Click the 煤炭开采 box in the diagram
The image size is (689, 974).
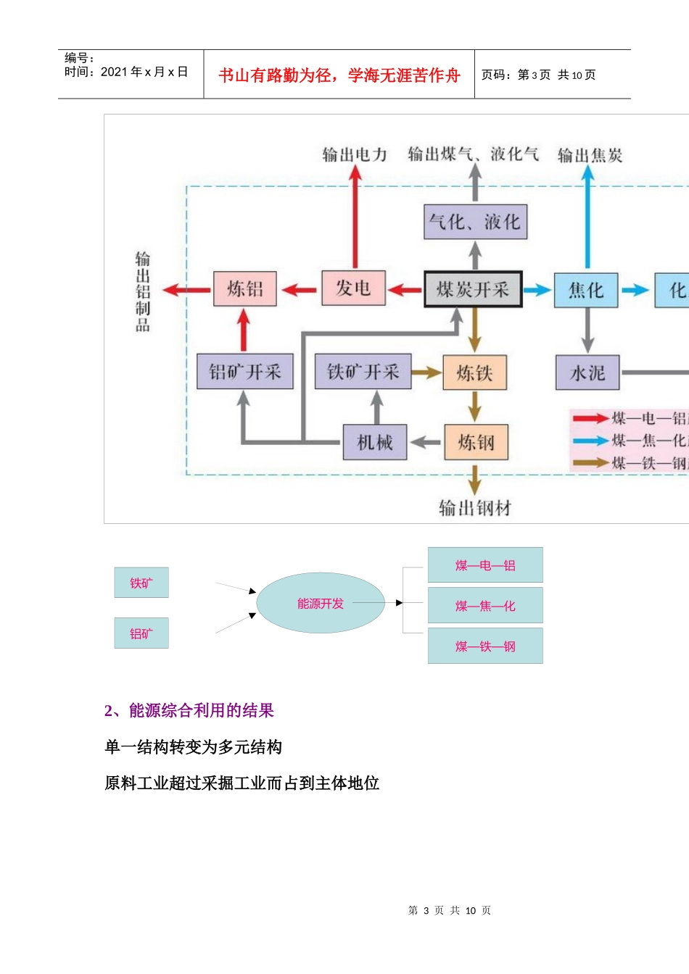point(473,290)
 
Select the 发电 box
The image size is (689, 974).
point(353,288)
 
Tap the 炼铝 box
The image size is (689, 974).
point(245,289)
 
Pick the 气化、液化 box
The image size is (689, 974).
point(475,222)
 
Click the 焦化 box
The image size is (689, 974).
point(586,291)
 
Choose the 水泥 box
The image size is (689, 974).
point(587,373)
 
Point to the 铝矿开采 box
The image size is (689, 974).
point(245,372)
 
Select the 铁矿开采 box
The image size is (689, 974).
point(363,372)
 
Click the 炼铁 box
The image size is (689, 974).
point(475,373)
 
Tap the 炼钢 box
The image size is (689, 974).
point(476,442)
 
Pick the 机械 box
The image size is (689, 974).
point(375,442)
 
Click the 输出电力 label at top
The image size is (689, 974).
point(355,154)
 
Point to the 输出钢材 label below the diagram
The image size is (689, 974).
point(475,508)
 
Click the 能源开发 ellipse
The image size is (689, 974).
point(321,603)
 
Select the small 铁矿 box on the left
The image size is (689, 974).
point(141,583)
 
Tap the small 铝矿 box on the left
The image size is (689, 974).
point(141,633)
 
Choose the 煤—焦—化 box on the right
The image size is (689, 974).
point(485,606)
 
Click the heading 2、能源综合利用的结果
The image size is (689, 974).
point(189,710)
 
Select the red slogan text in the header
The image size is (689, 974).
point(339,75)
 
